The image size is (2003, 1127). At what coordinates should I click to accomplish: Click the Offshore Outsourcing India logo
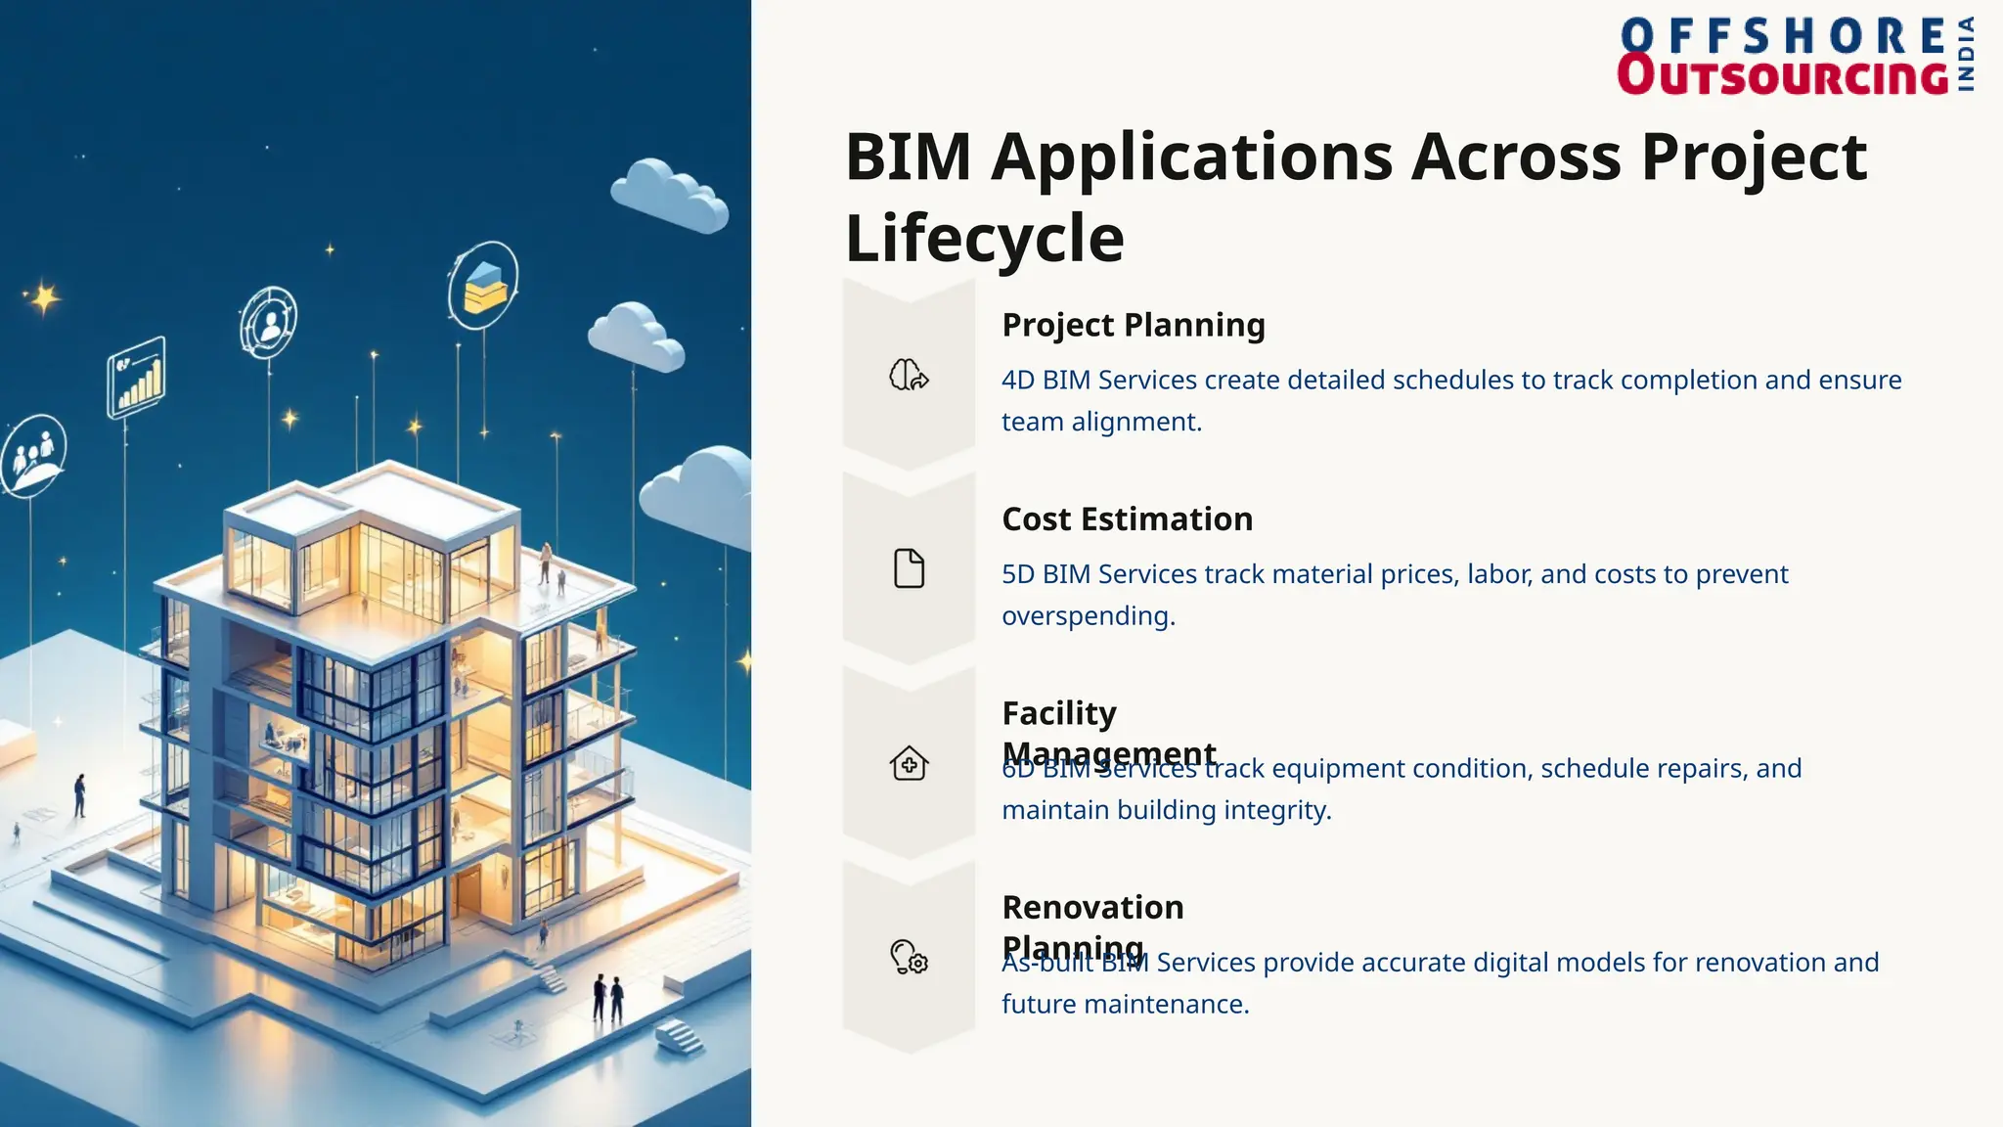pyautogui.click(x=1796, y=57)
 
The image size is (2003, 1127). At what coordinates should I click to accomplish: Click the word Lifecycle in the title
pyautogui.click(x=984, y=238)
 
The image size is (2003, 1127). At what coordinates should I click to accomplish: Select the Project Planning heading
pyautogui.click(x=1133, y=325)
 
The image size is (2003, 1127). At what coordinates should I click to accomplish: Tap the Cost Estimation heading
pyautogui.click(x=1127, y=518)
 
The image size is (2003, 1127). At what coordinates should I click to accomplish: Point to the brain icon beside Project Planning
pyautogui.click(x=909, y=375)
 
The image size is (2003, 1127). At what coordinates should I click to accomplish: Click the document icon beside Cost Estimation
pyautogui.click(x=909, y=568)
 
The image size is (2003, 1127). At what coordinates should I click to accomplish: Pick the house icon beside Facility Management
pyautogui.click(x=909, y=763)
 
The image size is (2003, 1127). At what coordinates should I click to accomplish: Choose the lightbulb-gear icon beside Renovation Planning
pyautogui.click(x=909, y=957)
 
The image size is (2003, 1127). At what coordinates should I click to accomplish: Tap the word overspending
pyautogui.click(x=1088, y=616)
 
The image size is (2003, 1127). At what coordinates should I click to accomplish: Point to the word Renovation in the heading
pyautogui.click(x=1092, y=907)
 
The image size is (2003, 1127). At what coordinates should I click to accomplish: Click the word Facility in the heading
pyautogui.click(x=1059, y=713)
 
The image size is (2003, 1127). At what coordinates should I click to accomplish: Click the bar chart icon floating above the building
pyautogui.click(x=137, y=377)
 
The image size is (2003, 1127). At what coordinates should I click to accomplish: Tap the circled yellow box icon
pyautogui.click(x=483, y=286)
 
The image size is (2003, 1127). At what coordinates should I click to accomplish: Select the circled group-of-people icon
pyautogui.click(x=34, y=456)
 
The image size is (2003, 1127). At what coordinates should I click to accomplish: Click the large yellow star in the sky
pyautogui.click(x=44, y=297)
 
